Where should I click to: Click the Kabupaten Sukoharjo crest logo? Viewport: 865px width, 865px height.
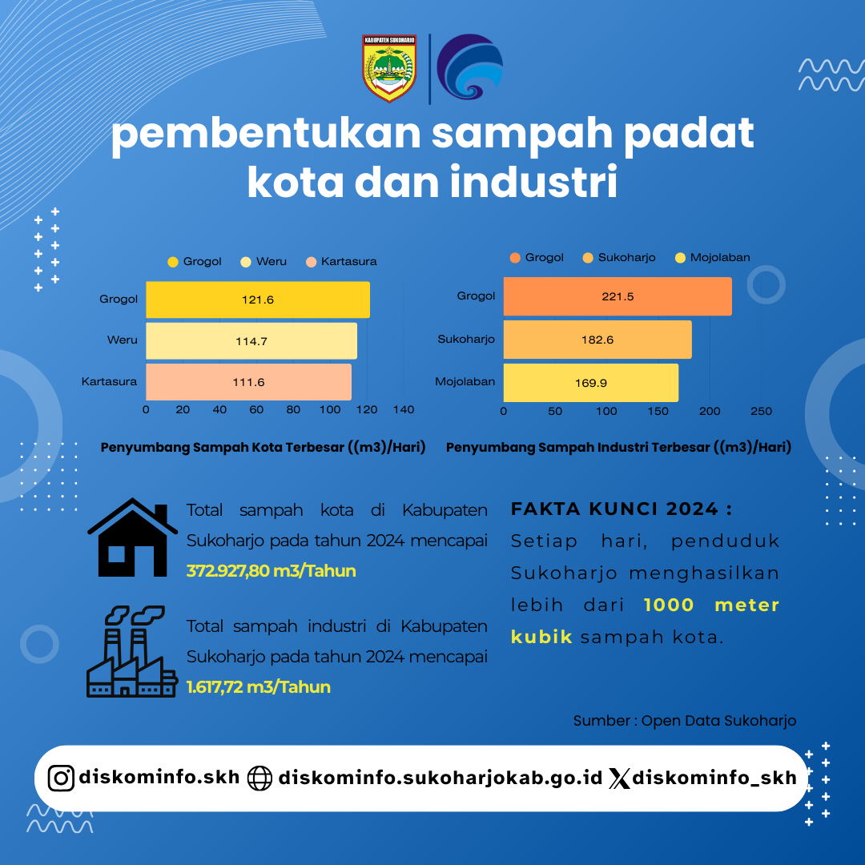389,68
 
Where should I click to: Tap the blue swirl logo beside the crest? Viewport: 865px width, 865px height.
469,66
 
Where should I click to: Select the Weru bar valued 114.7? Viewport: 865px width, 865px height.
251,341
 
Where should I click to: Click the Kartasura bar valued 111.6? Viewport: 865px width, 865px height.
249,382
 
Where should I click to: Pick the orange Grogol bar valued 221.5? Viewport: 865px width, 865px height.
618,296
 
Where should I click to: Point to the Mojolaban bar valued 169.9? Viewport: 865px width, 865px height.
591,383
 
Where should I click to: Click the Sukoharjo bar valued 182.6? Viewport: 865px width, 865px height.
597,340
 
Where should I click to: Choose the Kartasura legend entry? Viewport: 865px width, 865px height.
341,261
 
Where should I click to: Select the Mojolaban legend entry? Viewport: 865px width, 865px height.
713,258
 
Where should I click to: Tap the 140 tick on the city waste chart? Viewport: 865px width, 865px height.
404,410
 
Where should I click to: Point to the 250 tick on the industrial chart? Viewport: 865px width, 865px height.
762,411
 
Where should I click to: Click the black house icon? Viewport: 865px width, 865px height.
132,537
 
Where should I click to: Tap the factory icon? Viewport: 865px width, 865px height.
132,651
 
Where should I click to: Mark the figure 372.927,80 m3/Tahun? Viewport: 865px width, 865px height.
271,570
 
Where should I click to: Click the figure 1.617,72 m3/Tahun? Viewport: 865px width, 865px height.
258,687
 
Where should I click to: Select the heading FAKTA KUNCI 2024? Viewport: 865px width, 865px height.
622,509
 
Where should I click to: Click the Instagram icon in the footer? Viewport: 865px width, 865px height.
61,778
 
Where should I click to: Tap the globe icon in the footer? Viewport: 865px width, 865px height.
259,778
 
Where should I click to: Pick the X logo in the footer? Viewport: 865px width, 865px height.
619,778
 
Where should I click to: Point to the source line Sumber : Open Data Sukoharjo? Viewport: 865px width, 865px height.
685,721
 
